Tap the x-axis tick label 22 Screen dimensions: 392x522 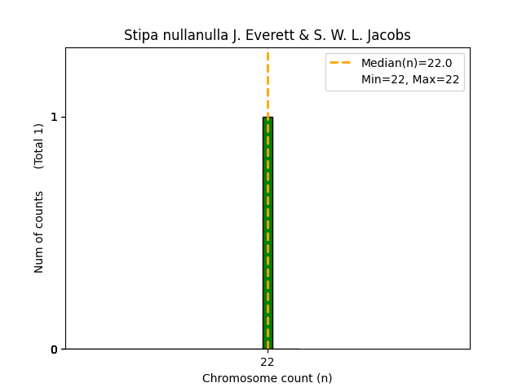[268, 362]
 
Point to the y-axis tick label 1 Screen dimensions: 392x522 [55, 117]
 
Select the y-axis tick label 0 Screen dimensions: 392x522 [55, 349]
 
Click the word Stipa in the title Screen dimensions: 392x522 [139, 35]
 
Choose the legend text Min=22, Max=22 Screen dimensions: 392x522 [410, 79]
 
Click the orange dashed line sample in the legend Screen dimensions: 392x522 [340, 63]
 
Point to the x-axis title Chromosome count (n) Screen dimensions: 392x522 [268, 378]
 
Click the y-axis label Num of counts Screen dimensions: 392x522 [39, 232]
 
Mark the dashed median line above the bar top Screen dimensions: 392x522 [268, 82]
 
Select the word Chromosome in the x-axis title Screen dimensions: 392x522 [237, 378]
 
